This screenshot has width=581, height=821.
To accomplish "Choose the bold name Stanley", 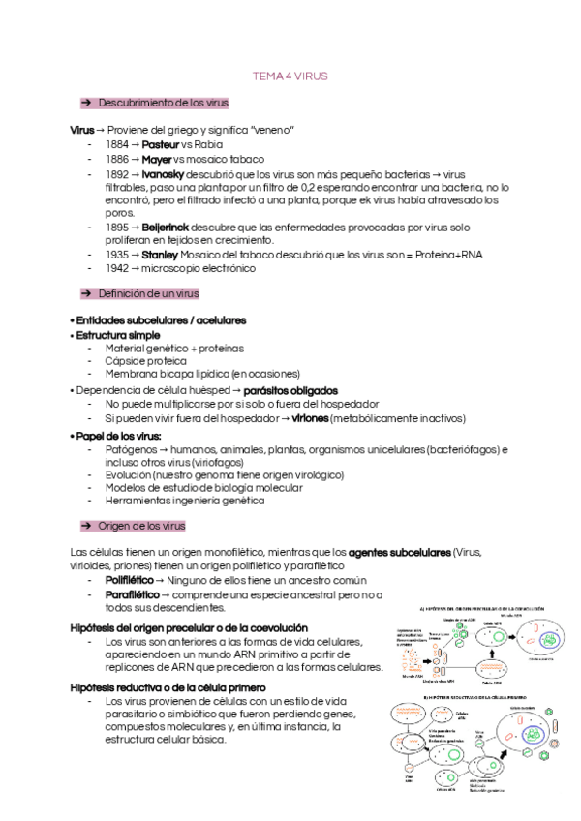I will pyautogui.click(x=161, y=255).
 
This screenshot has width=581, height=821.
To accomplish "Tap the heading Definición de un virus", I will pyautogui.click(x=148, y=293).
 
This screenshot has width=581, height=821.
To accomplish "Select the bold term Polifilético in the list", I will pyautogui.click(x=129, y=580).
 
